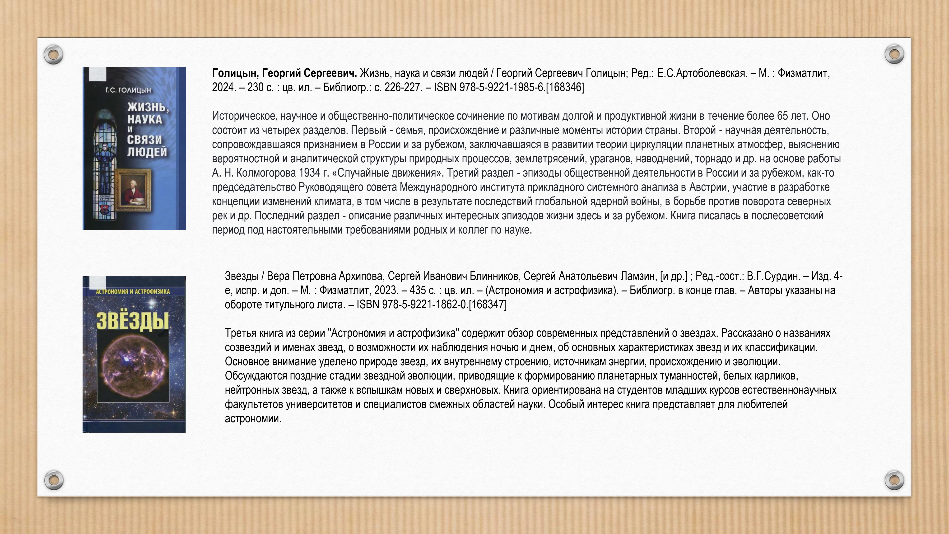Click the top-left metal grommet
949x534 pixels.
(53, 55)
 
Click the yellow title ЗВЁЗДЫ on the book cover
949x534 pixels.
(132, 321)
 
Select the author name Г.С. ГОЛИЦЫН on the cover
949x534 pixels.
(128, 90)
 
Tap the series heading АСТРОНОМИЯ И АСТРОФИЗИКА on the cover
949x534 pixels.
(133, 291)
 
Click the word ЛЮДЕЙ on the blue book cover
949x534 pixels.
(147, 152)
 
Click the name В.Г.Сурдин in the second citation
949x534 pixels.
(773, 276)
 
